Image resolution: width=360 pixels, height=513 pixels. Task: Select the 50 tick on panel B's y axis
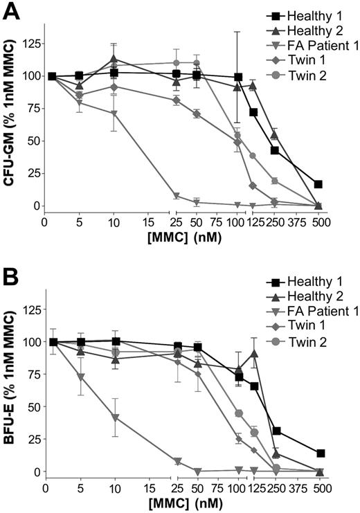[x=30, y=407]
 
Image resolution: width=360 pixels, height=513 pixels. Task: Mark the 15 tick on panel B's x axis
[x=147, y=487]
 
